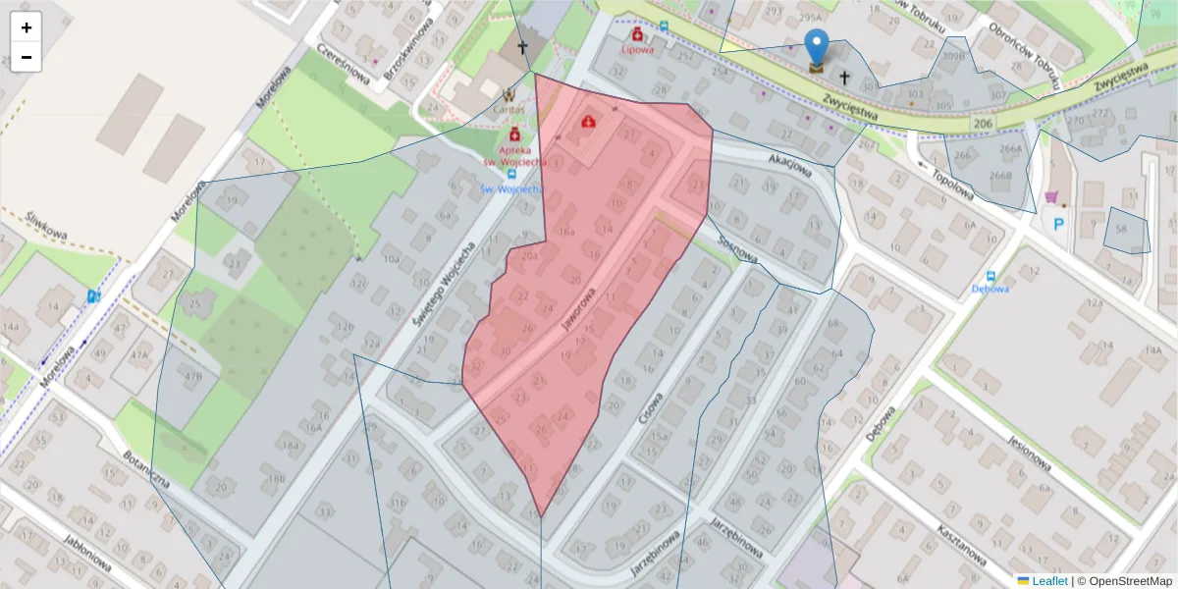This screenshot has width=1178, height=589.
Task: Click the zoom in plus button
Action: (x=27, y=27)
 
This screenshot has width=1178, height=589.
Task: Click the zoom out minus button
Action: (x=27, y=58)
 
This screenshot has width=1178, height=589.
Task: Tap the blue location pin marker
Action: (x=816, y=49)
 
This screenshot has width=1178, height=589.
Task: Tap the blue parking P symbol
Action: (x=1058, y=225)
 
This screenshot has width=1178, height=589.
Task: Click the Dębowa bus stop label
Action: (x=990, y=289)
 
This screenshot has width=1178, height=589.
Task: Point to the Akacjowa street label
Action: (x=790, y=164)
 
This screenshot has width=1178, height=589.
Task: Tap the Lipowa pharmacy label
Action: (x=636, y=48)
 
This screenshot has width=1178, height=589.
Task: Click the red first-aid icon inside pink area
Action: (x=588, y=122)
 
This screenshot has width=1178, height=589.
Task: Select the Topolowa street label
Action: (x=952, y=182)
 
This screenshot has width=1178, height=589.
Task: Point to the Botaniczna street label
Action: (x=148, y=470)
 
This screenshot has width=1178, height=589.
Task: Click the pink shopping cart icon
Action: (x=1053, y=197)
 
